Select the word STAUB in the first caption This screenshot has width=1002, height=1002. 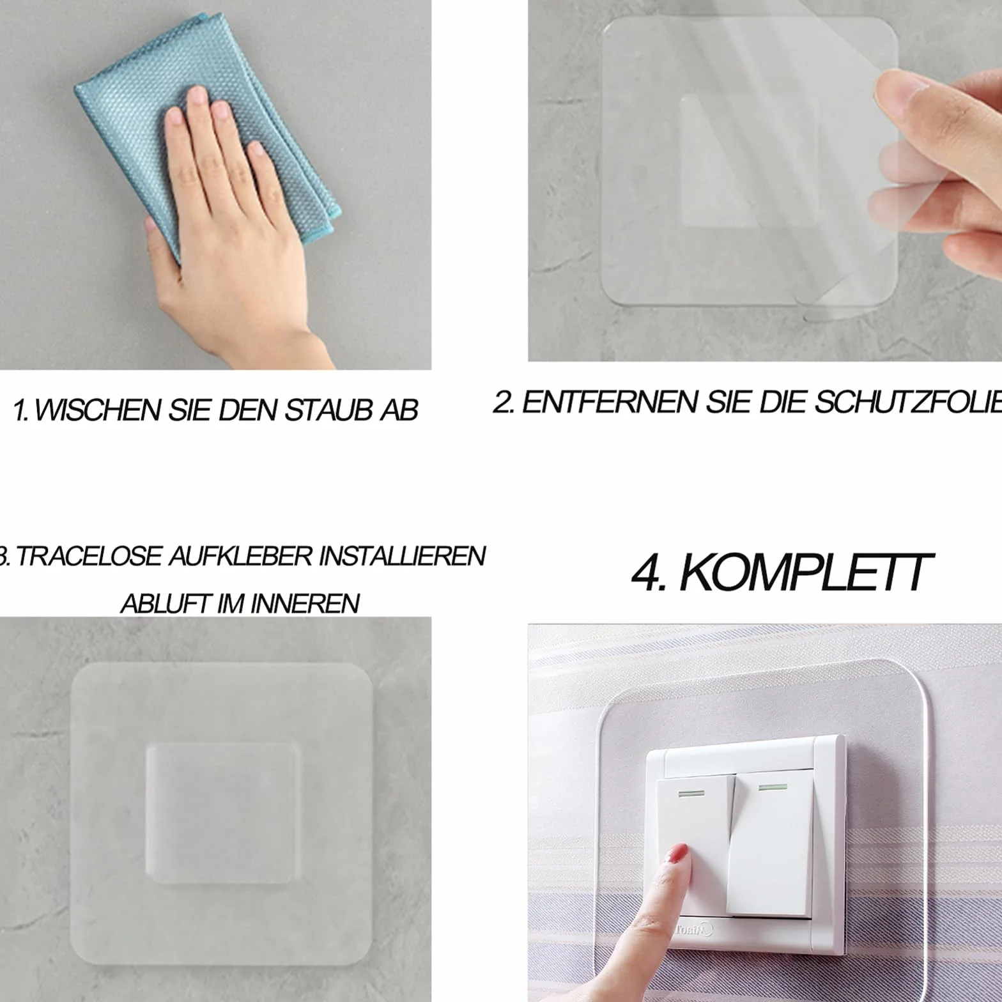tap(328, 410)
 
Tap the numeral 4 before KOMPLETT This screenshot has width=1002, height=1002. tap(647, 573)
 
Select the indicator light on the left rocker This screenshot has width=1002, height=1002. tap(689, 794)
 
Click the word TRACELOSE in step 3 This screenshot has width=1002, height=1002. tap(89, 556)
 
